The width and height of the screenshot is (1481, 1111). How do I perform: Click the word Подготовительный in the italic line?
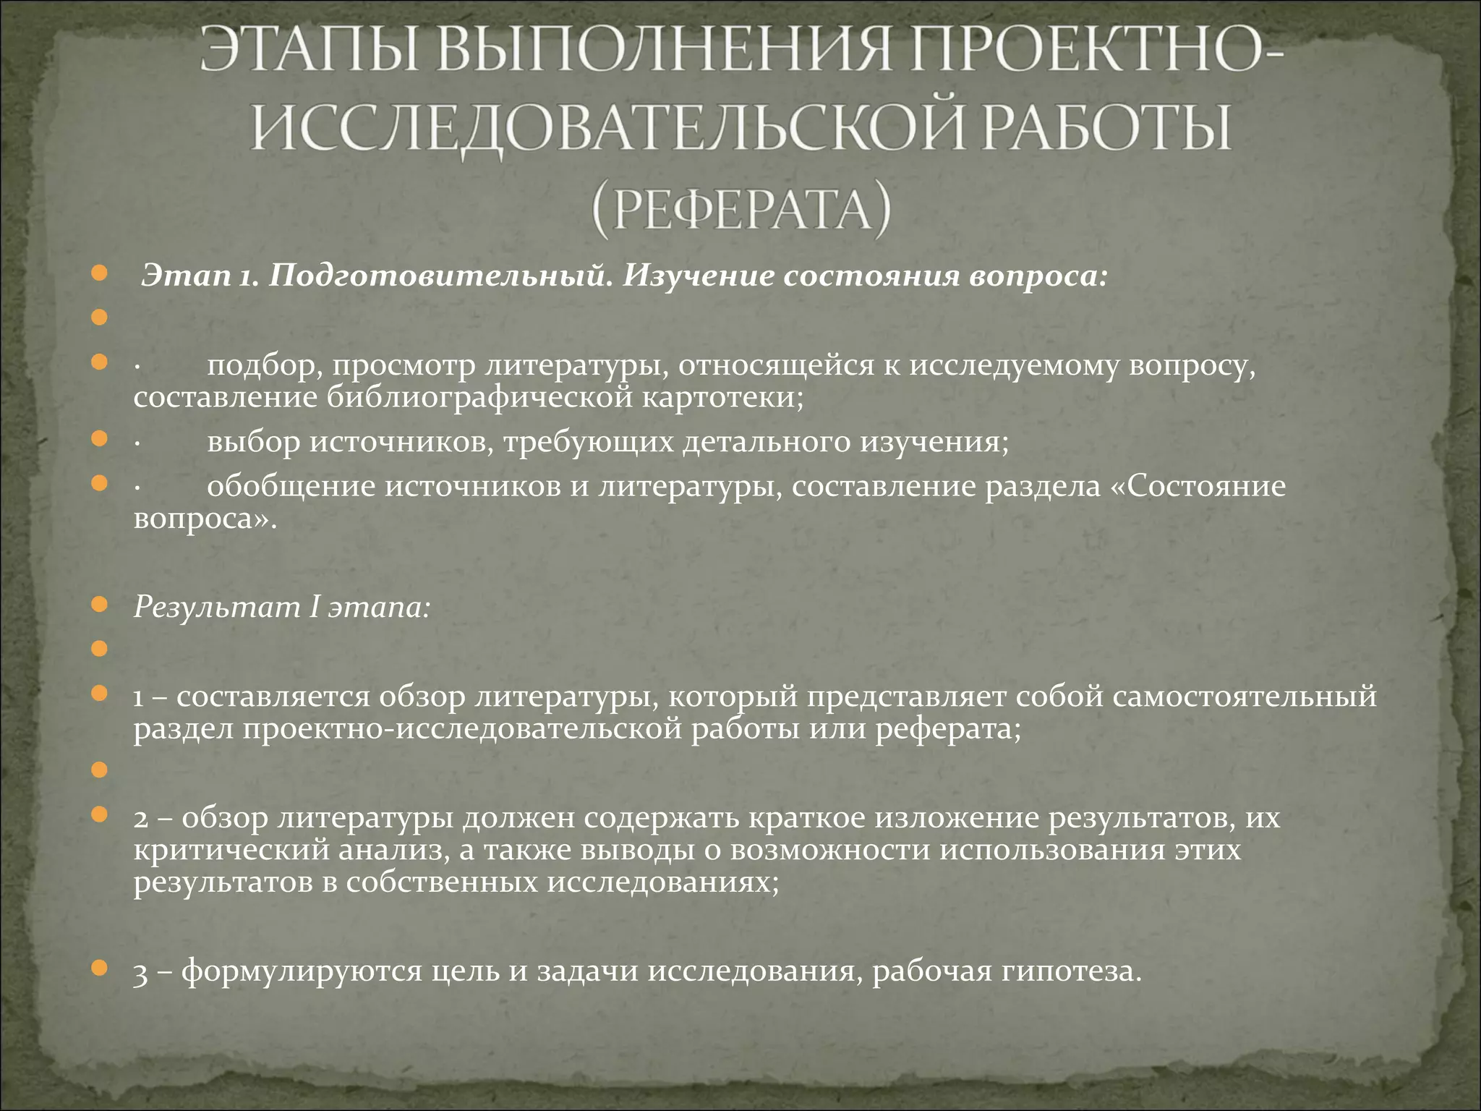[442, 277]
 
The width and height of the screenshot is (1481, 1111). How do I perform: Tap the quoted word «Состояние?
[1198, 487]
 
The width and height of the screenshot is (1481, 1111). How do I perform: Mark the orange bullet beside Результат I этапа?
[101, 605]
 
